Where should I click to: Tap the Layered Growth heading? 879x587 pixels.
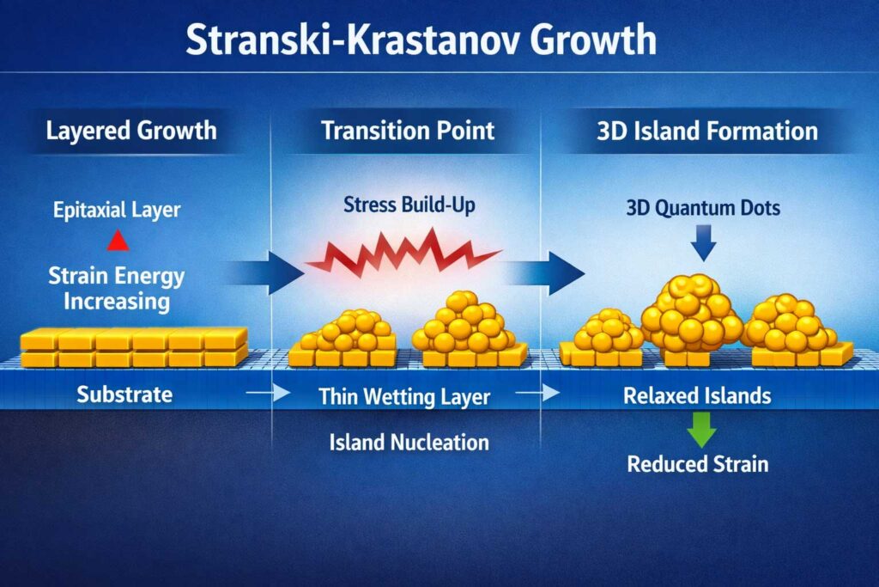(x=130, y=131)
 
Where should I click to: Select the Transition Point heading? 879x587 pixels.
(x=408, y=131)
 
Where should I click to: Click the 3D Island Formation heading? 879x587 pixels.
(x=706, y=131)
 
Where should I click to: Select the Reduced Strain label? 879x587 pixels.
(x=697, y=465)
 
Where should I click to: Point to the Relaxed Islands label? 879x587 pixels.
(x=696, y=396)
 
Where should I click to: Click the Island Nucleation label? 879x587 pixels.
(x=409, y=443)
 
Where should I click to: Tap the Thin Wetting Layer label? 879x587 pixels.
(x=403, y=397)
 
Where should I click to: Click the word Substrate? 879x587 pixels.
(x=124, y=395)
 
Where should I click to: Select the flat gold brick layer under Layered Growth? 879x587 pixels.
(x=133, y=346)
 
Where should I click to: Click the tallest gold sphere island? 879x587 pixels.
(x=691, y=315)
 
